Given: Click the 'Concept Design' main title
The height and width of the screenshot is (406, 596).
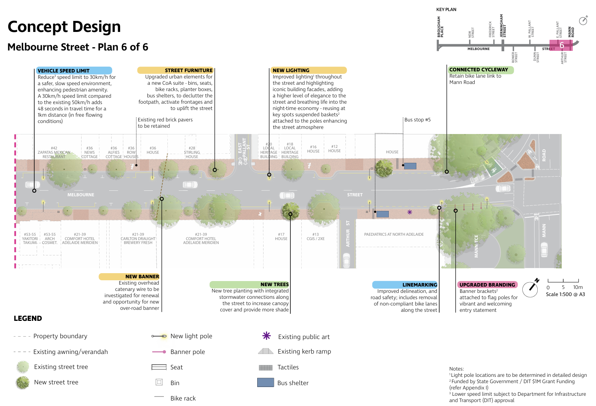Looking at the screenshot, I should click(64, 27).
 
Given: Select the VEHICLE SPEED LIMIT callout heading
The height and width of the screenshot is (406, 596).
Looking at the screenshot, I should click(63, 71).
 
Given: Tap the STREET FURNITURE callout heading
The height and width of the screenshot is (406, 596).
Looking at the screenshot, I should click(188, 70).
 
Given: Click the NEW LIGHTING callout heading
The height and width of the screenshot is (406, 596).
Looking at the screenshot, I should click(291, 70).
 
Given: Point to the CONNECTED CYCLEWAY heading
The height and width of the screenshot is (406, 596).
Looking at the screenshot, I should click(478, 69).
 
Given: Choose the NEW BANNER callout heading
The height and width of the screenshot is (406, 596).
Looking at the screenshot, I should click(142, 277).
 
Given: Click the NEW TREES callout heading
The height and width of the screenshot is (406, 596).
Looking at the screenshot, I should click(274, 285).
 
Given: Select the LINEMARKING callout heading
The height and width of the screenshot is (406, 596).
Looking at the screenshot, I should click(420, 285).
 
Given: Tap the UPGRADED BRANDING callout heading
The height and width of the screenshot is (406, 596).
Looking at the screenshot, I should click(487, 285).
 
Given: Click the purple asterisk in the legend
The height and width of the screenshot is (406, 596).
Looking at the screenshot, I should click(267, 336).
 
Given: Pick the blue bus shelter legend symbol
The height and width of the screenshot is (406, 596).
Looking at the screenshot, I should click(266, 382).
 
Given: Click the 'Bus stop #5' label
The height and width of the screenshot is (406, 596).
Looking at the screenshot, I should click(418, 120).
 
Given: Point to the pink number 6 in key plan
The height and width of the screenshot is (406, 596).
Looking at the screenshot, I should click(562, 45).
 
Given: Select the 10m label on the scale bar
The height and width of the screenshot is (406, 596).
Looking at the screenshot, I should click(578, 287).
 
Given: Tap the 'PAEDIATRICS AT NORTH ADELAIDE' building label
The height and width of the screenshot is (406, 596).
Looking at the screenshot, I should click(394, 235).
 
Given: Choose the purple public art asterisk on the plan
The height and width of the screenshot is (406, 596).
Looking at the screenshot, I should click(410, 212).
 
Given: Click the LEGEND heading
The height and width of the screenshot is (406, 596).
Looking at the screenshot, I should click(28, 318).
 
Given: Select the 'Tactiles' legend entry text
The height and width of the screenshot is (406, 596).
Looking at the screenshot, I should click(288, 367).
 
